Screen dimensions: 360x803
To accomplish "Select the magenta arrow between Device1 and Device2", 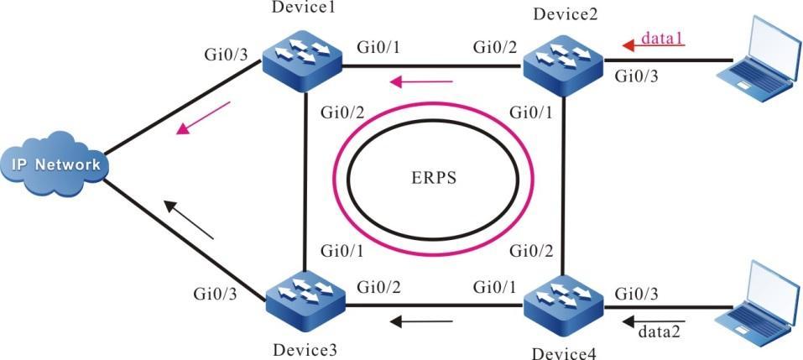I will pyautogui.click(x=425, y=82).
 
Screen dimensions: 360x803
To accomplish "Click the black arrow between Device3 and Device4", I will pyautogui.click(x=425, y=320).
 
